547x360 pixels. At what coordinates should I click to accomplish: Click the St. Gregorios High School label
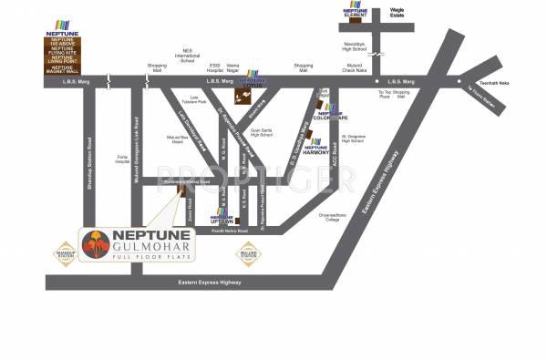(344, 139)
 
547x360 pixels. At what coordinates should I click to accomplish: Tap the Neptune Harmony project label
(315, 148)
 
